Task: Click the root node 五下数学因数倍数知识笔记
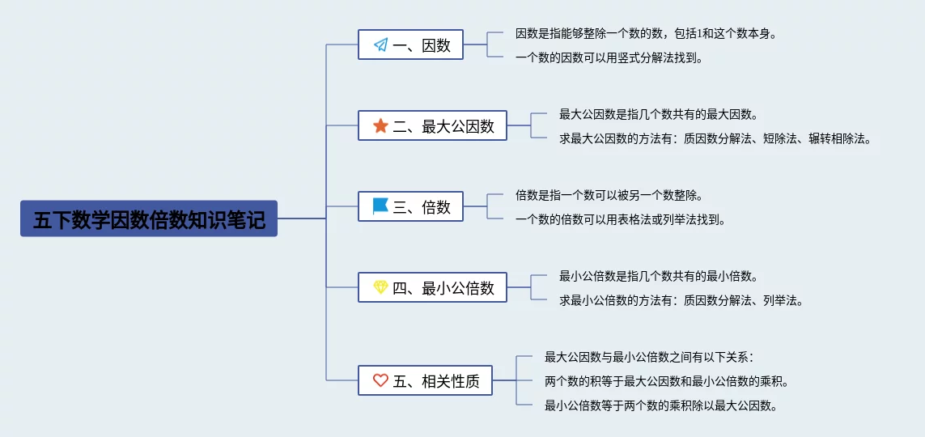pos(149,218)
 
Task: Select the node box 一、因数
pos(410,45)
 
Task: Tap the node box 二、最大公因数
pos(432,125)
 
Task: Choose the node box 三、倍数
pos(410,206)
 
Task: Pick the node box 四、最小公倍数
pos(432,287)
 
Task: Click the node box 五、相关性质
pos(426,380)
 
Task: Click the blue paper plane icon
pos(380,45)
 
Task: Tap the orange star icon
pos(380,125)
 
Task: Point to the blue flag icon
pos(380,206)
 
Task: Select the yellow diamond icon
pos(380,287)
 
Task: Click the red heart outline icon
pos(380,380)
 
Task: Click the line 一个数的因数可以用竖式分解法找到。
pos(609,57)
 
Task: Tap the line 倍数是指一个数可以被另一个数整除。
pos(609,194)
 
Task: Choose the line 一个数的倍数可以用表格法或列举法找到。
pos(620,220)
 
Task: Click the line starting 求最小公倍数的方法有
pos(681,301)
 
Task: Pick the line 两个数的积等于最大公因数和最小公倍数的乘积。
pos(667,381)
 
